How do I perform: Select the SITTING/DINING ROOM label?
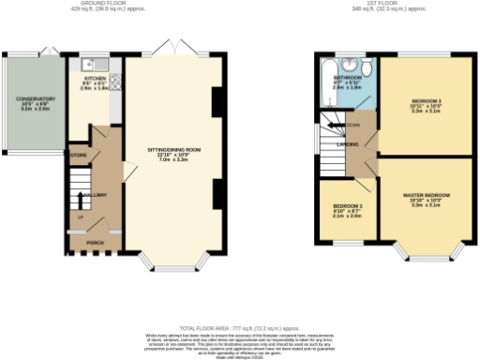[x=173, y=149]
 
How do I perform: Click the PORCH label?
[x=95, y=242]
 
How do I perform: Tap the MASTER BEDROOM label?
[x=427, y=195]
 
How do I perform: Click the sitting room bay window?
[x=172, y=262]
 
